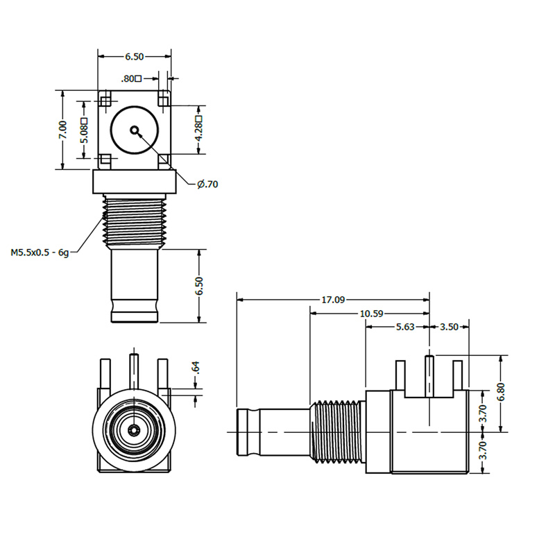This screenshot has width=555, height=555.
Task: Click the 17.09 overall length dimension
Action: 333,300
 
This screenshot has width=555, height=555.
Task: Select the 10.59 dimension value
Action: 371,314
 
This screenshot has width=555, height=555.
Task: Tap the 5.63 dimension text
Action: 404,327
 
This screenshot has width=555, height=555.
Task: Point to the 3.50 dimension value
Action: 450,327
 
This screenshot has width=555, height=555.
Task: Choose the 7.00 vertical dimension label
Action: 63,130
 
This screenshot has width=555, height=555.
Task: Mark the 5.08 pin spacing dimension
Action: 84,129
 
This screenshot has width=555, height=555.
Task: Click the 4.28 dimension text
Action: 199,129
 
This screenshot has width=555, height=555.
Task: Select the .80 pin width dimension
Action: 130,78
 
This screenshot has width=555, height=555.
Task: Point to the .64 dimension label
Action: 196,368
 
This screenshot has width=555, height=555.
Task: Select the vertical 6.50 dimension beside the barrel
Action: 200,286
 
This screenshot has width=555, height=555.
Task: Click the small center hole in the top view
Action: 134,130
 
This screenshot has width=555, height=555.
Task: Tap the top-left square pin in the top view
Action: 105,101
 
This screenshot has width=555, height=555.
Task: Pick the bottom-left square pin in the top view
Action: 105,160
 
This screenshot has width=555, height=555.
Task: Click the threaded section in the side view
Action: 336,432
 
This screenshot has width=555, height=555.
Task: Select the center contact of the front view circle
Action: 133,431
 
